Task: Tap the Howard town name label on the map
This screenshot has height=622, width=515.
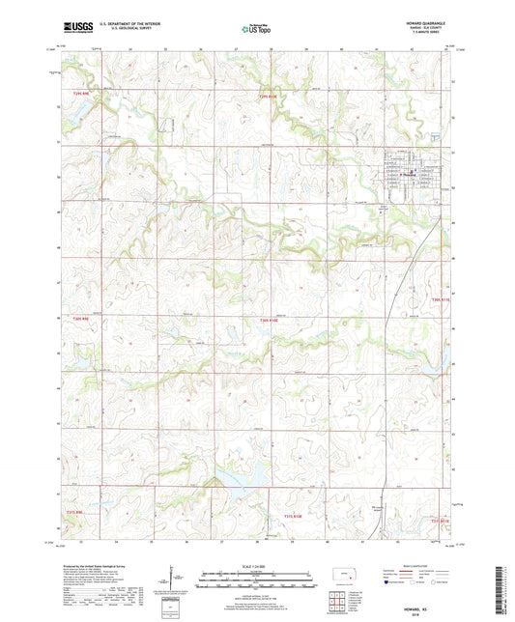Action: point(409,174)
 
